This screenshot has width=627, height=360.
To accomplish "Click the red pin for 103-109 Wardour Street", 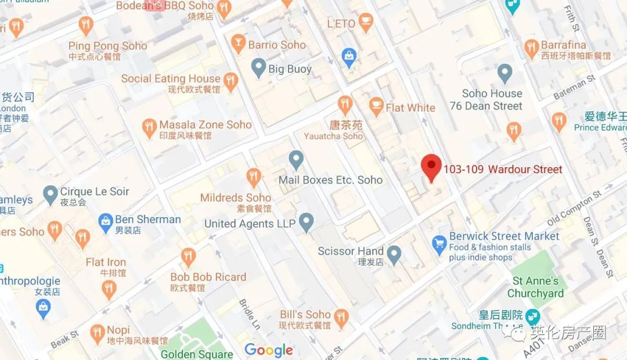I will [431, 167].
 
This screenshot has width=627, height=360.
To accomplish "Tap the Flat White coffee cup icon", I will [376, 107].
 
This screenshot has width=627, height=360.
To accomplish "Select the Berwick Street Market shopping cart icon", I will [439, 243].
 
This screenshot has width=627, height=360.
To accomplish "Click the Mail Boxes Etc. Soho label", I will [330, 180].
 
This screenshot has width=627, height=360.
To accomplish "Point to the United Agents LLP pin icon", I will [306, 222].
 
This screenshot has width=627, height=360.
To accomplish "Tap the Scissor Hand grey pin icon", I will [394, 253].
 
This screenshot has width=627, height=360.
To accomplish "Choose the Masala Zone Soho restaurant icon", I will [149, 127].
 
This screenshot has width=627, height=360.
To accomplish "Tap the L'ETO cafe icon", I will [366, 23].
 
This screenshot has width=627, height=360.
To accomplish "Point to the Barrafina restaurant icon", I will [531, 48].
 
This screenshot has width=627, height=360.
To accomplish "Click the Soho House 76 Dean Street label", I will [486, 100].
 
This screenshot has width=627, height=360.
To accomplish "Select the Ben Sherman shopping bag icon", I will [105, 221].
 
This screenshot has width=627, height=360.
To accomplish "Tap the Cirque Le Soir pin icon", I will [51, 192].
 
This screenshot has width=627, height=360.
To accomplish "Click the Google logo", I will [268, 350].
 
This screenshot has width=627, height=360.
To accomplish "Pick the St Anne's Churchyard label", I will [535, 287].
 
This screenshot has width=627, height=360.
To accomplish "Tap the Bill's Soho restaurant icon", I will [341, 317].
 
